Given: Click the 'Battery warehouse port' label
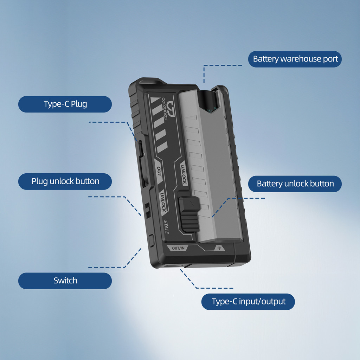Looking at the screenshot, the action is point(295,59).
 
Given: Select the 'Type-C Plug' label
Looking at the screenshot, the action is point(65,104).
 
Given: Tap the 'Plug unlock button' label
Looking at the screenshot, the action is point(65,181).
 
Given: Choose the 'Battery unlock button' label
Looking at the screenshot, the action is point(295,184).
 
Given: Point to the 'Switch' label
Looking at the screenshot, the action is point(65,281).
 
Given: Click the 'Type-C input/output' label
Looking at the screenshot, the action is point(248,301).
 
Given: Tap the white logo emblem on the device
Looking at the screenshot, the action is point(171,106).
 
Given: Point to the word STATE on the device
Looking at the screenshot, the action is point(166,227).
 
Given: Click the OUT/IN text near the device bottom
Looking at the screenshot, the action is point(178,248).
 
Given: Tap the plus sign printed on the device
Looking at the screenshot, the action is point(219,248).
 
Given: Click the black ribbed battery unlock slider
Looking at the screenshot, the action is point(189,214).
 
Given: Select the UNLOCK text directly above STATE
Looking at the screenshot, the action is point(163,202).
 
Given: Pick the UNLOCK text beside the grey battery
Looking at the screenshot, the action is point(183,174).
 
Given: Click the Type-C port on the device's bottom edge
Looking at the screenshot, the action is point(174,266).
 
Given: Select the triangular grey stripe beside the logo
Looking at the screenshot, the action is point(155,100).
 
